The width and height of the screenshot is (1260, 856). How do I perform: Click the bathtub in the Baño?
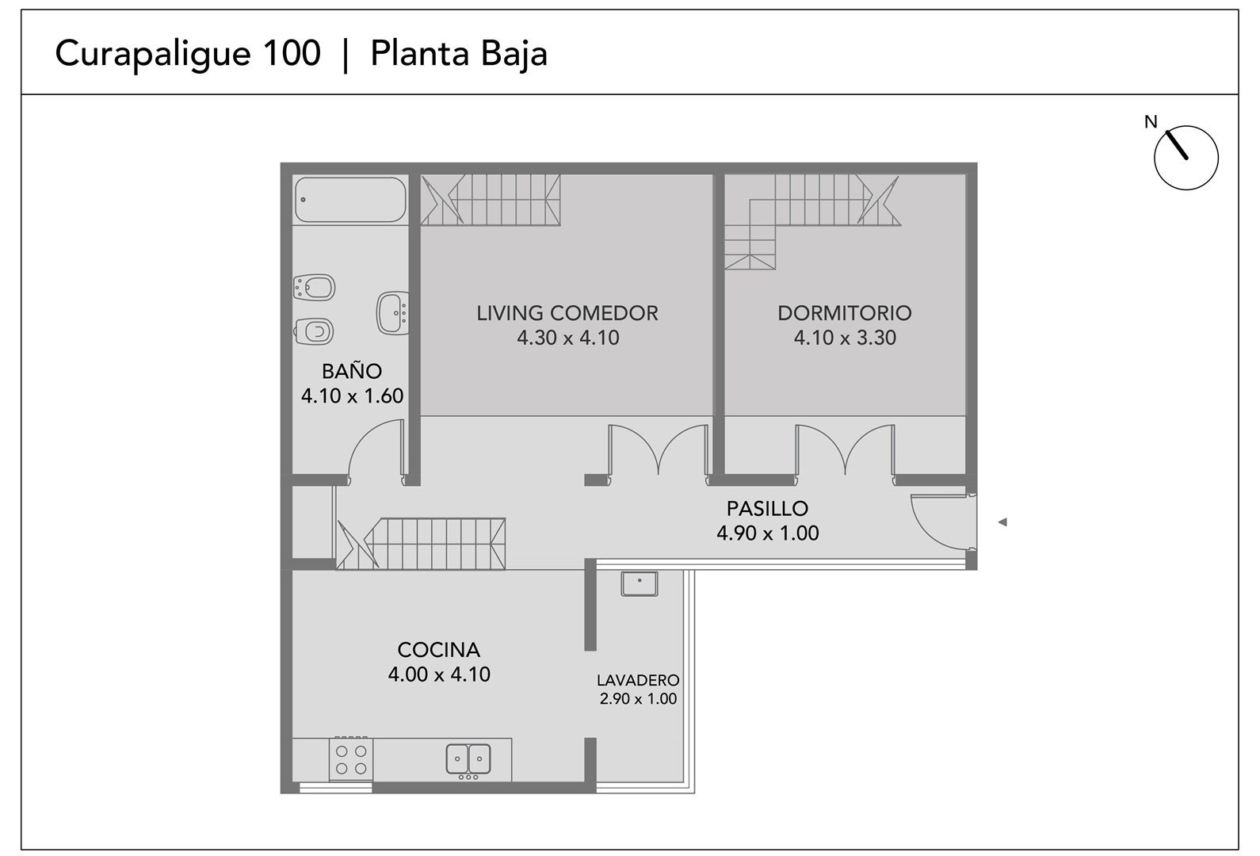tap(350, 200)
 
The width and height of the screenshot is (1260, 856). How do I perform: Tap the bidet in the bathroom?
tap(315, 288)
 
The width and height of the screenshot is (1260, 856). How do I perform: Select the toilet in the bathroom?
tap(313, 331)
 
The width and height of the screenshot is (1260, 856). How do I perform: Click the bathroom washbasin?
tap(392, 313)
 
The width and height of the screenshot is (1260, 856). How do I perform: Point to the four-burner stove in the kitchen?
tap(351, 759)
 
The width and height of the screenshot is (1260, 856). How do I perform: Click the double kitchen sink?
tap(468, 759)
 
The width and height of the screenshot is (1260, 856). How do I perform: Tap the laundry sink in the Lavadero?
tap(639, 584)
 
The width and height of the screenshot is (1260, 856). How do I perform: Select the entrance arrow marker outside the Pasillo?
tap(1002, 522)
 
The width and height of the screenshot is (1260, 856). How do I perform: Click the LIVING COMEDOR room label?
tap(567, 313)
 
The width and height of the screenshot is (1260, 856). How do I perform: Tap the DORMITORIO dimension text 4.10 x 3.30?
tap(845, 338)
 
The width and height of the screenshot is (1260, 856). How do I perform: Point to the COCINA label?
tap(439, 650)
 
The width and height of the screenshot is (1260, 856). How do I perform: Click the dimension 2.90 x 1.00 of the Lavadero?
tap(638, 698)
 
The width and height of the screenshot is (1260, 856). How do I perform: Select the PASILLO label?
tap(767, 508)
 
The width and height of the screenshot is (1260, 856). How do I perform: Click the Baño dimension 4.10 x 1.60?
tap(352, 396)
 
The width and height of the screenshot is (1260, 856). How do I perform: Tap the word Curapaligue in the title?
tap(153, 55)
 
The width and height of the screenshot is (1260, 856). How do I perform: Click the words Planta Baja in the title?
tap(459, 54)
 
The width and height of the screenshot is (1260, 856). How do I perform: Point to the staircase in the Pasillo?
tap(421, 543)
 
